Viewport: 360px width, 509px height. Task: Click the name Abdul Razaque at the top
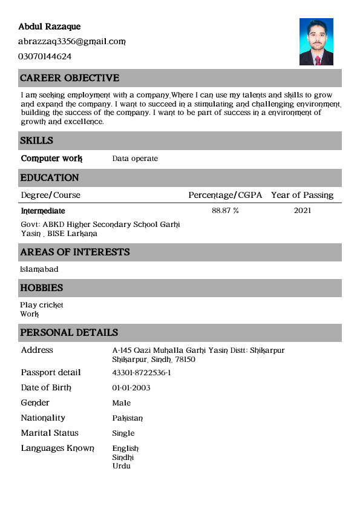[49, 27]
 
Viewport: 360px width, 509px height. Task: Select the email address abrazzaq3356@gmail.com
[71, 42]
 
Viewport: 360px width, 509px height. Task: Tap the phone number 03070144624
[45, 56]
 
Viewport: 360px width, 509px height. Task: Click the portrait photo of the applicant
[316, 42]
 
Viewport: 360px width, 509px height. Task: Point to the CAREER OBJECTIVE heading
[70, 78]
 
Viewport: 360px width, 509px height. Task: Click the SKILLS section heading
[37, 140]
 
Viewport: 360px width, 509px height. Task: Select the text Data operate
[135, 159]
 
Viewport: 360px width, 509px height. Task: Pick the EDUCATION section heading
[50, 178]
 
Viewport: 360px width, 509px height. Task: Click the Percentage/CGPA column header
[225, 195]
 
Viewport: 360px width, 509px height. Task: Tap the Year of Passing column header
[302, 195]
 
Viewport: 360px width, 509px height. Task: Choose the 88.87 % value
[225, 211]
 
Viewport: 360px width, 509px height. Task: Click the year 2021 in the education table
[303, 211]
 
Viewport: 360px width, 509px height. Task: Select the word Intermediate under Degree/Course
[43, 211]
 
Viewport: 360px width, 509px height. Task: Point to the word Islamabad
[39, 269]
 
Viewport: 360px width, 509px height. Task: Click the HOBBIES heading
[42, 288]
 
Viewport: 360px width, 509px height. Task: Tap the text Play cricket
[42, 305]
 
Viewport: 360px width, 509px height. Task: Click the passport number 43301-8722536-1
[142, 373]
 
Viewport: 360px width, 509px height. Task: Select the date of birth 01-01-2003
[131, 388]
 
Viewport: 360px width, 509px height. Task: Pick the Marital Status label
[50, 433]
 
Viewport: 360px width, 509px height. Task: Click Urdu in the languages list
[121, 465]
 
